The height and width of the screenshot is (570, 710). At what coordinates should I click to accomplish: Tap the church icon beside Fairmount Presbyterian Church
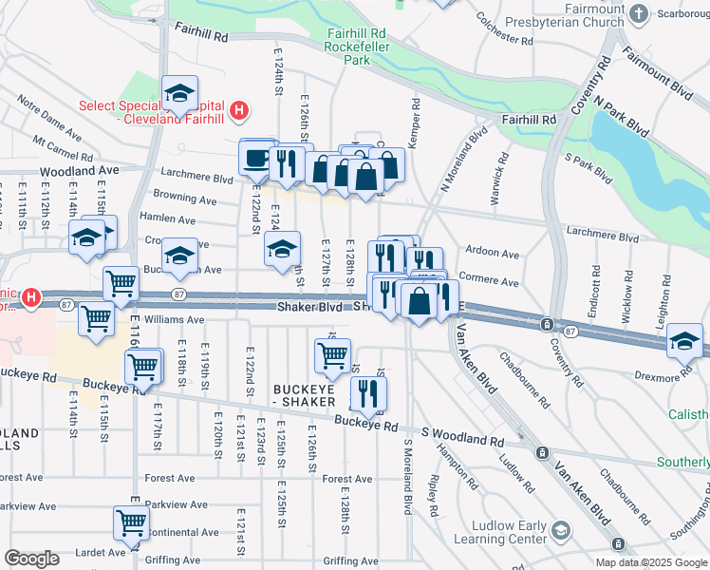coord(638,13)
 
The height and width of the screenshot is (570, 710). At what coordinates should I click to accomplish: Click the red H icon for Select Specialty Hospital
coord(240,111)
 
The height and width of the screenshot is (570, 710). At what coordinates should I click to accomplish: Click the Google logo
coord(31,559)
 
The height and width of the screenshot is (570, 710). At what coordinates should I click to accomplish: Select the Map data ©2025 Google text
coord(650,562)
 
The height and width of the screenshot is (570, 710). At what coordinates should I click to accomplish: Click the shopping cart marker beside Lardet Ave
coord(130,522)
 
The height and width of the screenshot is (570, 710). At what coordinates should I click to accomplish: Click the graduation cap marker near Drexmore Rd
coord(684,341)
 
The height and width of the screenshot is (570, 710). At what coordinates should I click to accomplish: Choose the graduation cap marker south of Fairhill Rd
coord(179,94)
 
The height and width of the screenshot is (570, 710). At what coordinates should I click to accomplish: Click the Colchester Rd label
coord(504,28)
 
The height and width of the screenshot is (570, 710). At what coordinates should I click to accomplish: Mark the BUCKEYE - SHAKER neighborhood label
coord(304,395)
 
